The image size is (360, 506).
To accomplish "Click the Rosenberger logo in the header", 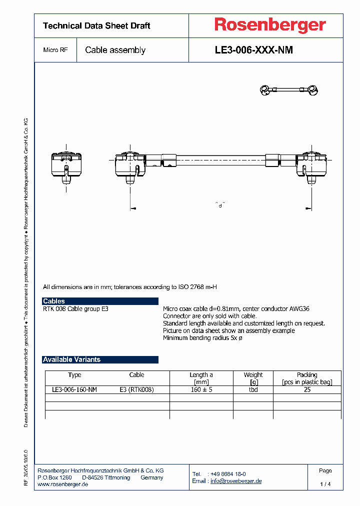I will point(270,25).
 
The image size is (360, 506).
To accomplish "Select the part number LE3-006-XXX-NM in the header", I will point(253,50).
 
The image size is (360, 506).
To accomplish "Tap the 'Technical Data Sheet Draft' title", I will point(96,26).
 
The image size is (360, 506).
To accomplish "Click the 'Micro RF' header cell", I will point(55,50).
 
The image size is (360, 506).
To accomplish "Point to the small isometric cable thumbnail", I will point(289,90).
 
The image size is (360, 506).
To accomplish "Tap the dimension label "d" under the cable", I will point(220,205).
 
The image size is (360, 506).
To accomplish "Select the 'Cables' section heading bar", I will point(100,301).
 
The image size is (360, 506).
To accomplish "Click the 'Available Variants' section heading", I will point(100,359).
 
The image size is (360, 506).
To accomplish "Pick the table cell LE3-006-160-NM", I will point(74,389).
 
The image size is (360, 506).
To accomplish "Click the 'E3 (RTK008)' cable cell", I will point(136,389).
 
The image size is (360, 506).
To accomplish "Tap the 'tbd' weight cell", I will point(253,389).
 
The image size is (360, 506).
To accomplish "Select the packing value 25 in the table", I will point(307,389).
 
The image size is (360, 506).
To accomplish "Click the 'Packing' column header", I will point(307,375).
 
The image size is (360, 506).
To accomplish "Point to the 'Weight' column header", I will point(253,375).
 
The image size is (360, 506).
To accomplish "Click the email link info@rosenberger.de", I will point(235,481).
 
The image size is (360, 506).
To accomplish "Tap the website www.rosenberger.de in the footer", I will point(63,484).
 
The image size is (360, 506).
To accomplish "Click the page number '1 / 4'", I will point(325,484).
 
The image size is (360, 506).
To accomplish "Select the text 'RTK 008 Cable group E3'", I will point(75,309).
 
